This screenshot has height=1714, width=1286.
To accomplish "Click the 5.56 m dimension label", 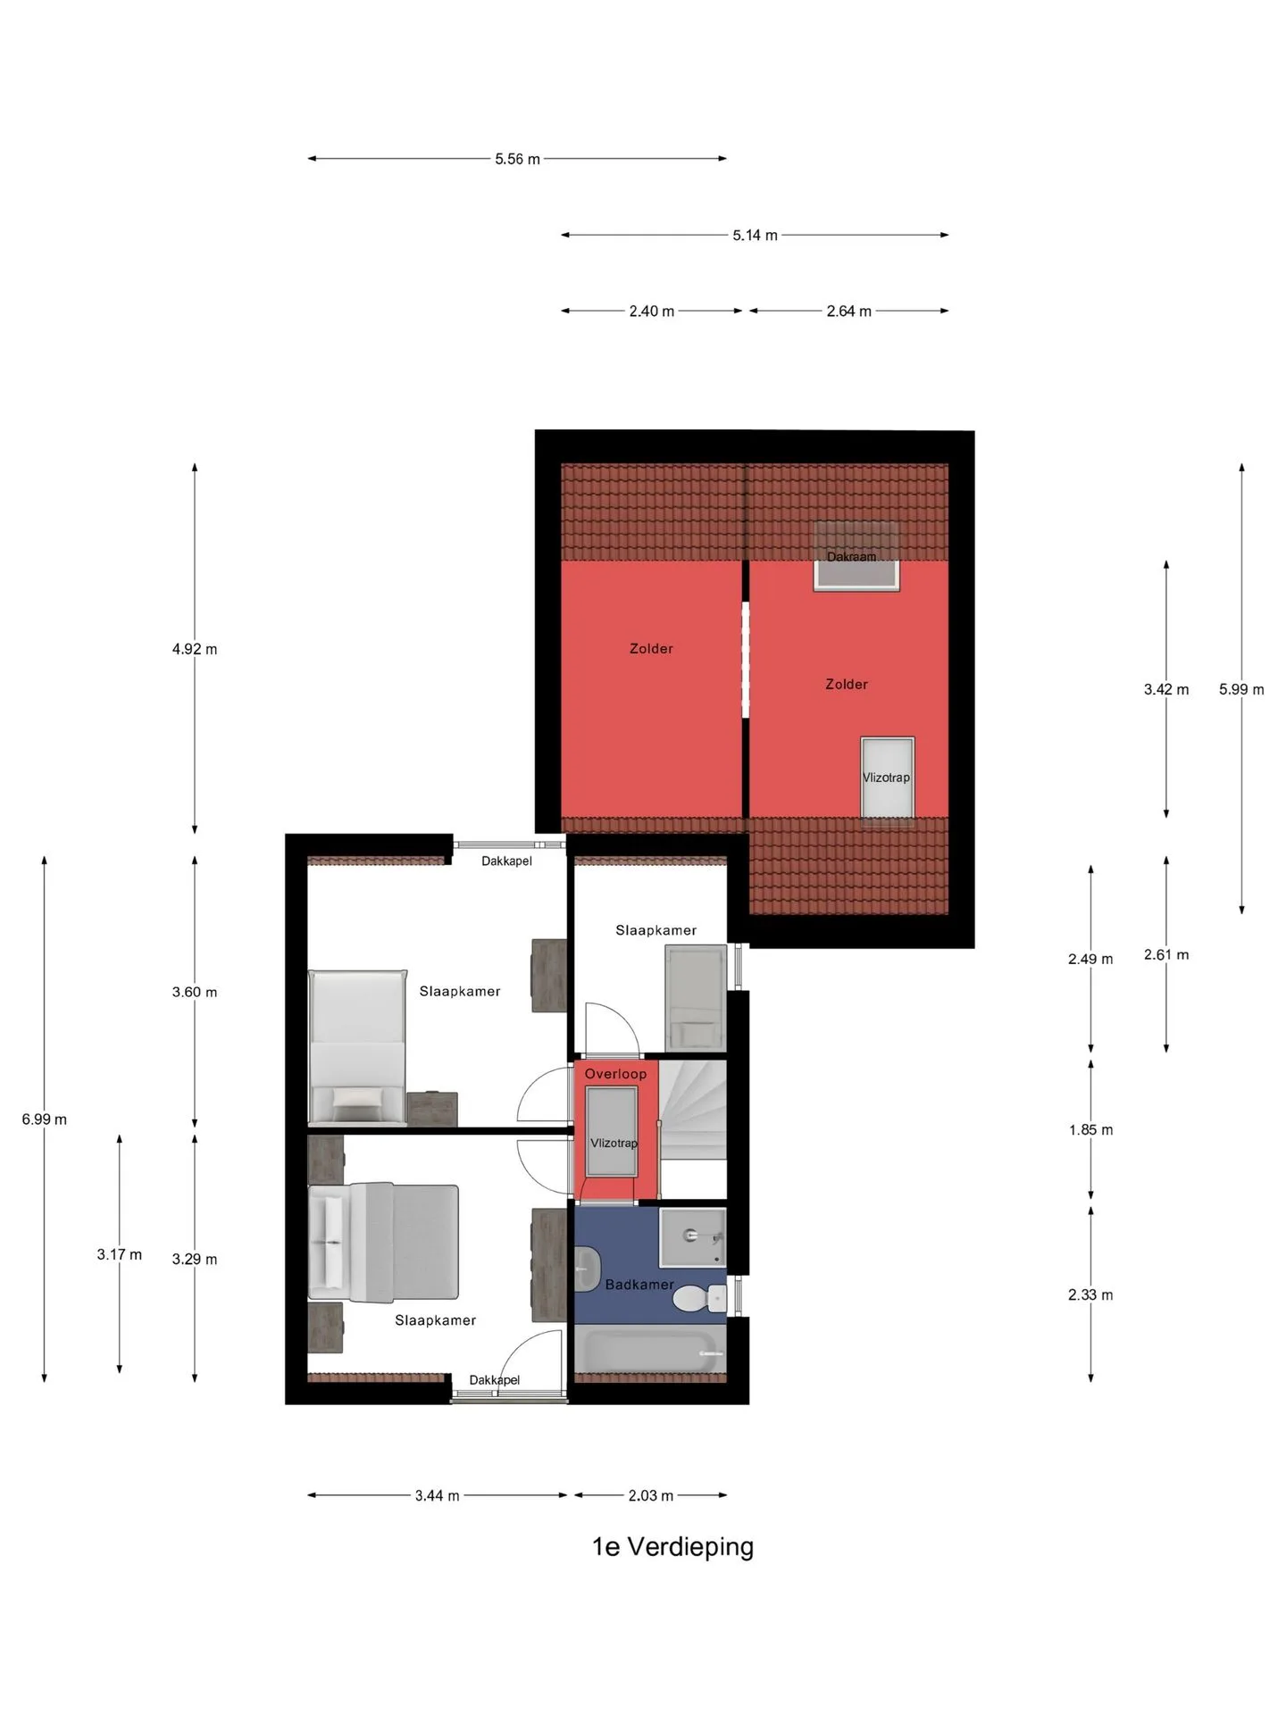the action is [517, 159].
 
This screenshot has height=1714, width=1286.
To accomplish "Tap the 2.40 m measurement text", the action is [651, 311].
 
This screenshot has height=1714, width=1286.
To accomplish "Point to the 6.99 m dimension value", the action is [45, 1119].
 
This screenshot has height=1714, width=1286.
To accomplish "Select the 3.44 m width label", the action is [437, 1495].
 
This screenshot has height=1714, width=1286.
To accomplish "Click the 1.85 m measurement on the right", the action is [1090, 1130].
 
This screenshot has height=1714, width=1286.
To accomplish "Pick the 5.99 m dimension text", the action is [1241, 689].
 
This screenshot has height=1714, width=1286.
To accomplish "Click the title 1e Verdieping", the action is [672, 1546].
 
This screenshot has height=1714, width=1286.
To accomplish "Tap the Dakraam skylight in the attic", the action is [856, 556].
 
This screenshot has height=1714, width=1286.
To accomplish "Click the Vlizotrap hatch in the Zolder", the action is [887, 778].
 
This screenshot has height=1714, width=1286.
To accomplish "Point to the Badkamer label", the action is [639, 1285].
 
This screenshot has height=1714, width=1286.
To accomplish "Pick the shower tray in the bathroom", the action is [693, 1237].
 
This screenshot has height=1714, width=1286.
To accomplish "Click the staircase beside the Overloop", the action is [693, 1110].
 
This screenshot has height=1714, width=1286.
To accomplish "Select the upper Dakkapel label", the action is [506, 861].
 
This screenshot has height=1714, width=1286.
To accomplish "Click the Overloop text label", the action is [615, 1074].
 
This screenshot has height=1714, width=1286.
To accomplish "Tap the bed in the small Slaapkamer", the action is [696, 998].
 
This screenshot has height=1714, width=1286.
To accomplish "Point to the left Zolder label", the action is [651, 649].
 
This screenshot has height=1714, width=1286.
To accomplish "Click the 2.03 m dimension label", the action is [650, 1495].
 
